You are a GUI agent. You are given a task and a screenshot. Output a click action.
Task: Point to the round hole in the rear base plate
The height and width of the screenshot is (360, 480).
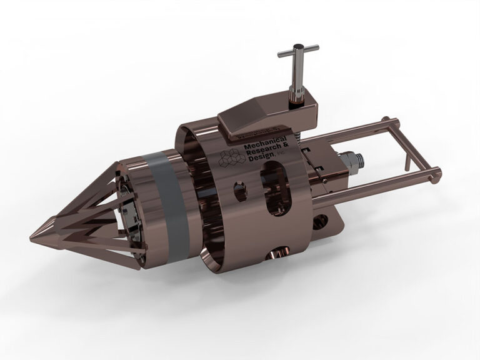pos(321,222)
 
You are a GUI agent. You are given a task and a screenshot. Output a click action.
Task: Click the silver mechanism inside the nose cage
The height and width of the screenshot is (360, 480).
pos(132,212)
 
